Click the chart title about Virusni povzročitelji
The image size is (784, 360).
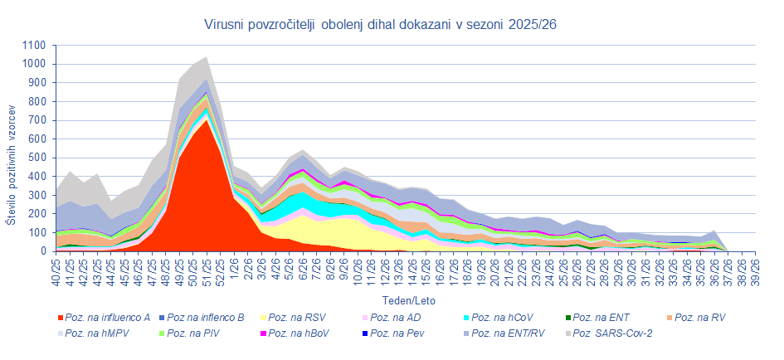pos(380,25)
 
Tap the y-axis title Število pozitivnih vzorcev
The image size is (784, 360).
pos(11,165)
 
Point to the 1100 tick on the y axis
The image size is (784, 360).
pos(34,46)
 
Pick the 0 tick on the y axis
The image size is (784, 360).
pos(42,251)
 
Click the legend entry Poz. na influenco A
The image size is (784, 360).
pos(105,318)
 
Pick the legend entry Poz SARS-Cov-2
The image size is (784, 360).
pos(609,333)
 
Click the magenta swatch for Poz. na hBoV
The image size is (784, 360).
pos(264,333)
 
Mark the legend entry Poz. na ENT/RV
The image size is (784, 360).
pos(505,333)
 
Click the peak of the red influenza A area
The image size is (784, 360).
pos(206,119)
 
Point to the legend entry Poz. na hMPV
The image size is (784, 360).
pos(94,333)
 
